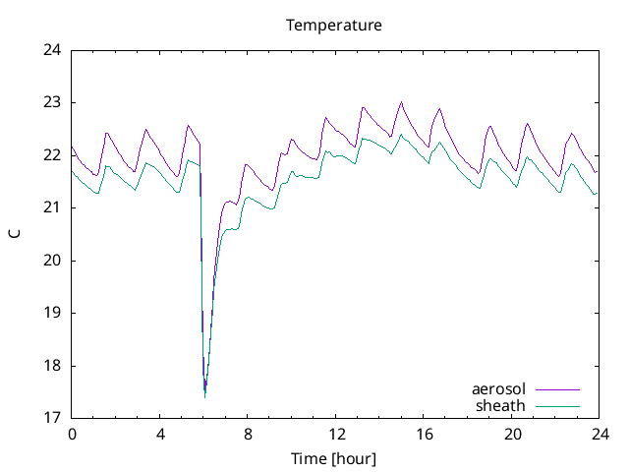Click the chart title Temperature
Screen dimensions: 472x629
[x=334, y=25]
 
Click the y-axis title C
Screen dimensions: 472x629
[x=14, y=234]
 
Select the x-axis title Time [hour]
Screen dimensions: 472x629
[x=334, y=458]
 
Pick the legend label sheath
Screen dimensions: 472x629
[x=501, y=405]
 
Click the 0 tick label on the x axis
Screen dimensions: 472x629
[x=72, y=434]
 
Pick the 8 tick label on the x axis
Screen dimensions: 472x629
[x=248, y=434]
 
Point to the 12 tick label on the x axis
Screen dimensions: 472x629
[x=336, y=434]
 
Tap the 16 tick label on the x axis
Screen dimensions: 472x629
[x=425, y=434]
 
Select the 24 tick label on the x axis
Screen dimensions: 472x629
[x=600, y=434]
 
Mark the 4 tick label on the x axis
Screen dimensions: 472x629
[x=160, y=434]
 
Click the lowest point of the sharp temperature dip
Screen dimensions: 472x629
[x=204, y=396]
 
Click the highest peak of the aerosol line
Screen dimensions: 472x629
[x=401, y=102]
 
